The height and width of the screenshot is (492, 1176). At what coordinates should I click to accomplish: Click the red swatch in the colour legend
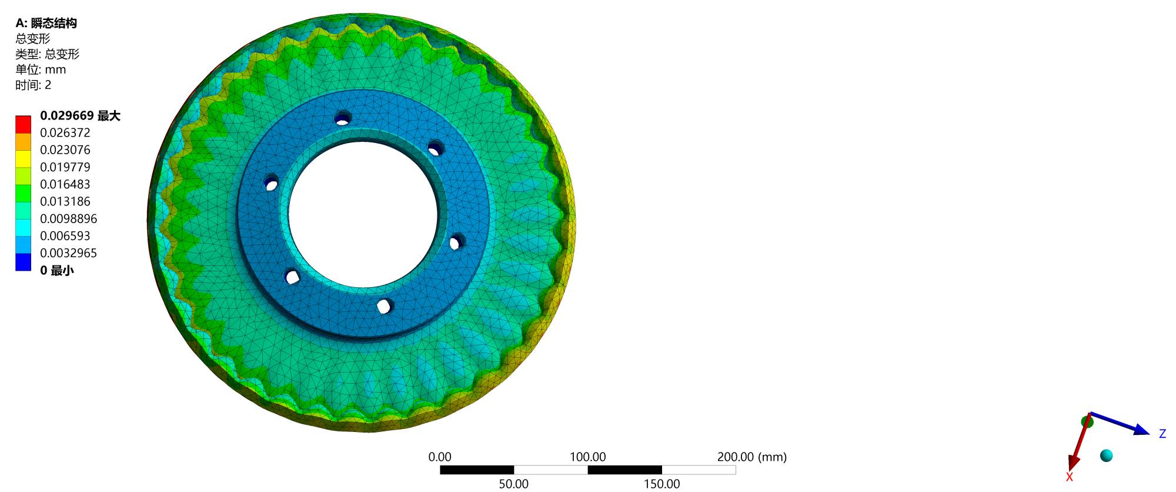click(23, 124)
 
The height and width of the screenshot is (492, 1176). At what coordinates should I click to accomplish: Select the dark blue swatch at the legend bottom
click(23, 262)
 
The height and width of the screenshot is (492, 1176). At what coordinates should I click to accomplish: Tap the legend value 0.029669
click(66, 116)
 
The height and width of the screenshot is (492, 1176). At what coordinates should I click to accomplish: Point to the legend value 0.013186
click(65, 201)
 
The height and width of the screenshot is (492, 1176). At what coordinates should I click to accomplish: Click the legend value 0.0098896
click(69, 218)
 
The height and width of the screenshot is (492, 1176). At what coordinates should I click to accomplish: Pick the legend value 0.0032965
click(69, 253)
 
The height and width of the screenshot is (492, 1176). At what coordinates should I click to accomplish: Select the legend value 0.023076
click(65, 149)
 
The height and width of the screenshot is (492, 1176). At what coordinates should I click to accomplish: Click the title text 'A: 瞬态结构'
click(46, 23)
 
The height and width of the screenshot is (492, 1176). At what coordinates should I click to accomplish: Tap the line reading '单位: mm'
click(41, 69)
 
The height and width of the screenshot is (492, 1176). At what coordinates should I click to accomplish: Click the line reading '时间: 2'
click(34, 85)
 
